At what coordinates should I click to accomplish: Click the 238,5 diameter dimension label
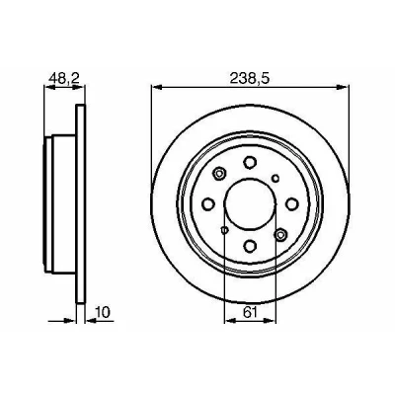coord(250,79)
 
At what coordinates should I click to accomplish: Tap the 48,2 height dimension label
coord(64,79)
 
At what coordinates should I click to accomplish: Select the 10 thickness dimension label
coord(103,312)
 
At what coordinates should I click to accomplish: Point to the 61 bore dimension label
coord(250,312)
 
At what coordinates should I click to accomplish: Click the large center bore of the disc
coord(250,204)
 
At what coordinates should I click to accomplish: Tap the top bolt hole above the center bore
coord(250,162)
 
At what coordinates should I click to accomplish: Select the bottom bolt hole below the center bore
coord(250,246)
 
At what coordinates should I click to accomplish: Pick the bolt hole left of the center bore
coord(208,204)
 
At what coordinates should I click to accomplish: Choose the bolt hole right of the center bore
coord(292,204)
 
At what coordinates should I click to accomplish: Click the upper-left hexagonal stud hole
coord(219,173)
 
